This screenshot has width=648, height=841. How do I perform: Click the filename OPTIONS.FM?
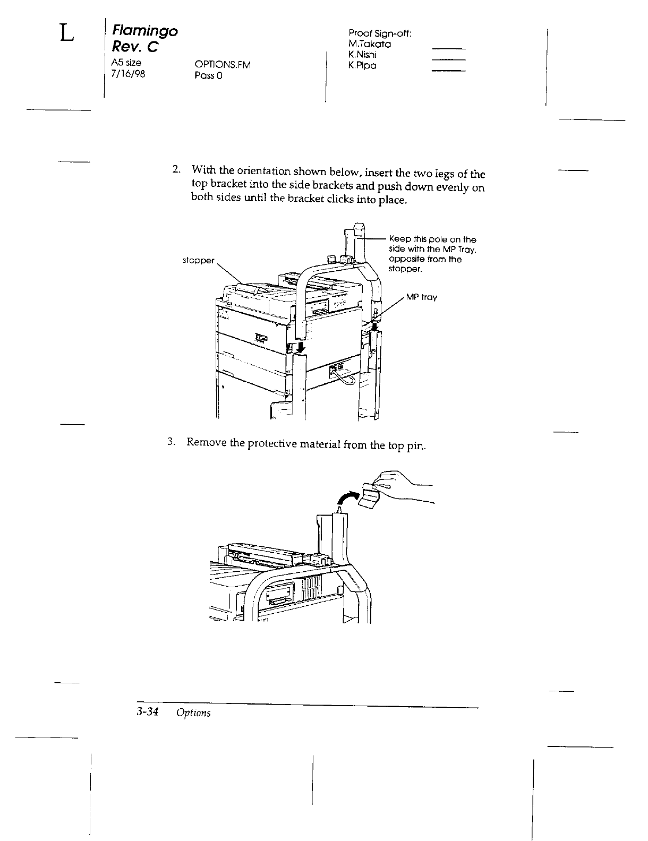point(222,65)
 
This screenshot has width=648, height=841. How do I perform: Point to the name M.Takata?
point(370,44)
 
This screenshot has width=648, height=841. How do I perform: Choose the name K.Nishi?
point(363,55)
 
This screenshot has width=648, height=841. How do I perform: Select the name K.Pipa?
point(362,65)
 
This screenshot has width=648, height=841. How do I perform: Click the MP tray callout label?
point(422,297)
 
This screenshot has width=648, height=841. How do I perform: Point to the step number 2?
point(176,170)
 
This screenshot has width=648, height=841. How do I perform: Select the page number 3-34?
point(148,713)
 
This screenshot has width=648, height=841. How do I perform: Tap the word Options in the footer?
point(193,713)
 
